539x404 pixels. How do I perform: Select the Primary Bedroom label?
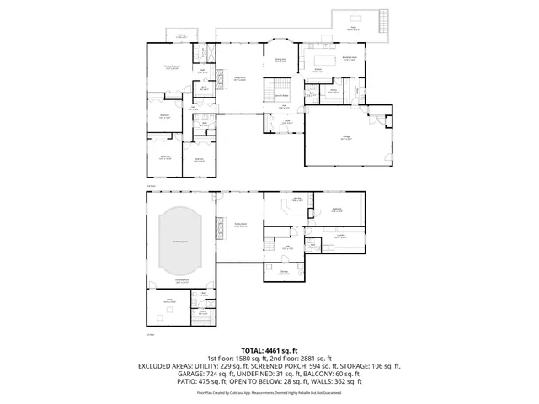(172, 69)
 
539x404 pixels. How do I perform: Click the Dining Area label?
(281, 60)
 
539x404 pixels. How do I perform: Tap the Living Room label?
(240, 78)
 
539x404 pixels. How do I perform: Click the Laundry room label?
(340, 237)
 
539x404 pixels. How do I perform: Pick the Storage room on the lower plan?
(285, 272)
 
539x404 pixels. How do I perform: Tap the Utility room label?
(168, 300)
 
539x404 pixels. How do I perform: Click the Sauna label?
(203, 311)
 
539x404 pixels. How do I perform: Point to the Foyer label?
(286, 120)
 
